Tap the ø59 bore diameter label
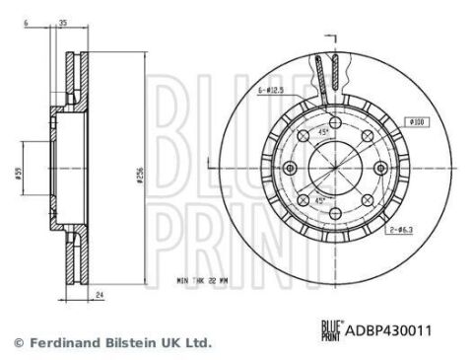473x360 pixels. [19, 177]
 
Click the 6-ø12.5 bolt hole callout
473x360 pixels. [273, 90]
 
